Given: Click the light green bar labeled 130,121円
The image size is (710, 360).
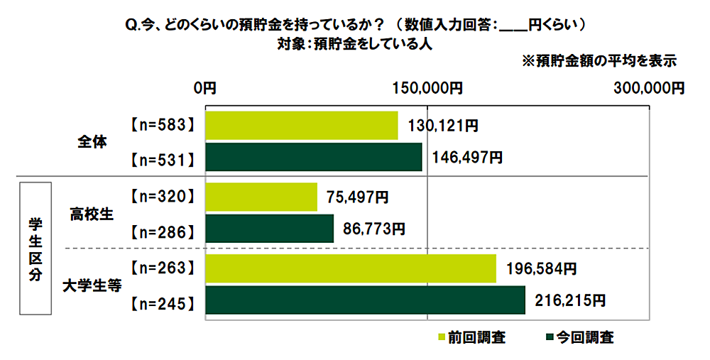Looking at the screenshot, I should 301,126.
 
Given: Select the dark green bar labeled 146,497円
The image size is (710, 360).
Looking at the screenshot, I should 313,157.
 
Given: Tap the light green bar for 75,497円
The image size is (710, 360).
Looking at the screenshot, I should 261,197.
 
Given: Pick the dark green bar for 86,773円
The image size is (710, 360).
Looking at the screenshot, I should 269,229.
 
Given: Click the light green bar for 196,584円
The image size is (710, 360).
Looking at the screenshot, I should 350,268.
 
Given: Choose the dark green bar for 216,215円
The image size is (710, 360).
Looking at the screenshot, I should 365,300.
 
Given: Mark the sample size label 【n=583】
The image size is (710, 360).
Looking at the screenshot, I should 163,126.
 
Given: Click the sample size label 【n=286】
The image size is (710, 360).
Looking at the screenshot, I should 163,229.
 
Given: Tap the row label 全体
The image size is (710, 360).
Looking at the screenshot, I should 92,142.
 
